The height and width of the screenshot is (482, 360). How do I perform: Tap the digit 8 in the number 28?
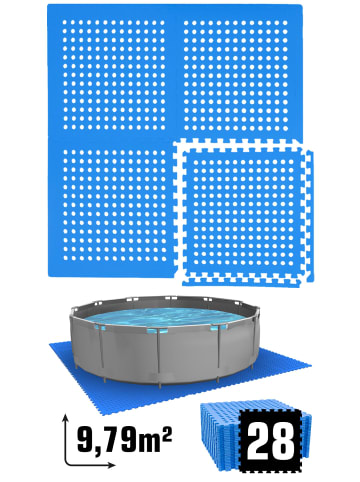pos(284,442)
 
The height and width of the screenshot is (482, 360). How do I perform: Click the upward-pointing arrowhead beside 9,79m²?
pos(66,418)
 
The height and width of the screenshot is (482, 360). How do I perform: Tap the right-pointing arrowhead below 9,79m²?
pos(112,464)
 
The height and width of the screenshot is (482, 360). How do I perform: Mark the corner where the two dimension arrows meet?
pos(66,464)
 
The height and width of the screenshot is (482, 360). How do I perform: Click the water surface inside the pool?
pos(164,317)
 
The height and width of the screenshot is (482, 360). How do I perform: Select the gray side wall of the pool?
pos(163,353)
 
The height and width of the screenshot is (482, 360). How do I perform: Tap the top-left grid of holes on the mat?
pos(113,75)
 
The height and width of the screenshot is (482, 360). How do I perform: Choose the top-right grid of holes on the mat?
pos(237,75)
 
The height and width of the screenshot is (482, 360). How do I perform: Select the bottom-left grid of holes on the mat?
pos(114,204)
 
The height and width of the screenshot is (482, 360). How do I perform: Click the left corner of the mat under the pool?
pos(50,345)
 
